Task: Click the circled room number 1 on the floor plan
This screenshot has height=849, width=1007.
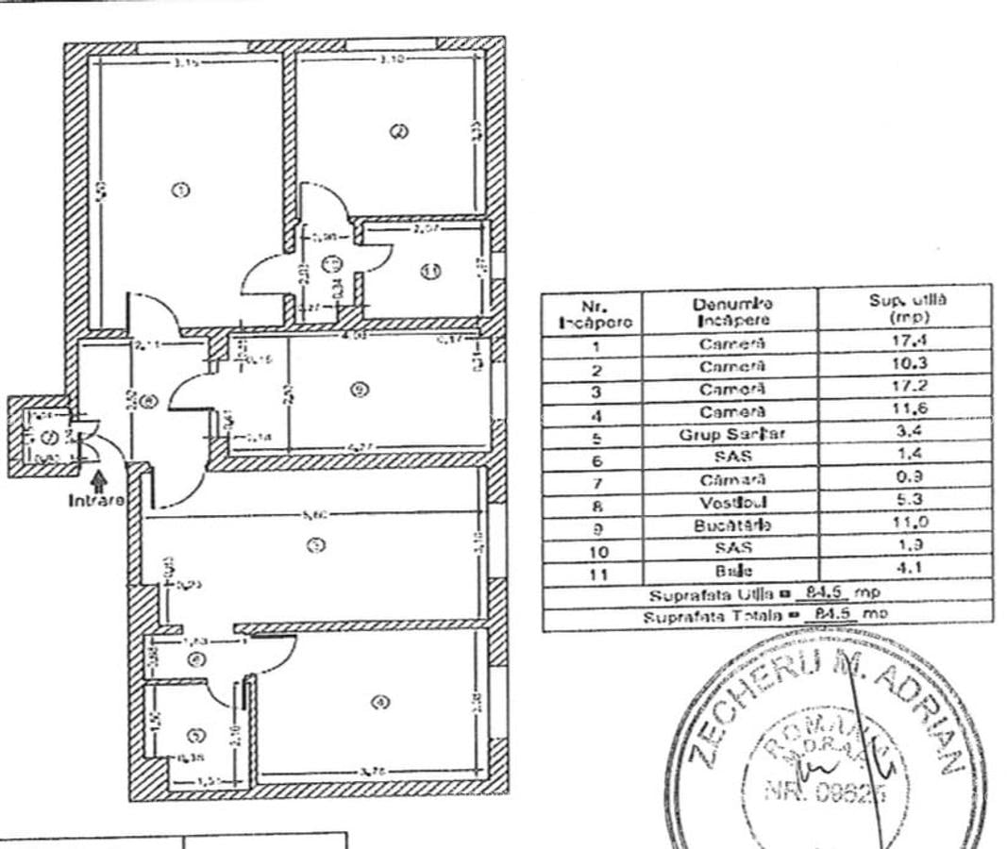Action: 181,190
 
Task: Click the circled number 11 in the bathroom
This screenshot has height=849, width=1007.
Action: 430,272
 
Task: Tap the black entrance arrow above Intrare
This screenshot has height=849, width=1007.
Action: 99,481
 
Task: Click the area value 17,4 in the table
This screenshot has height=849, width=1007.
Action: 904,343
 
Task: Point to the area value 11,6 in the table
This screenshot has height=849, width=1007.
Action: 904,411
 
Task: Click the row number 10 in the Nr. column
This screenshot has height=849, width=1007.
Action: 595,551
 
